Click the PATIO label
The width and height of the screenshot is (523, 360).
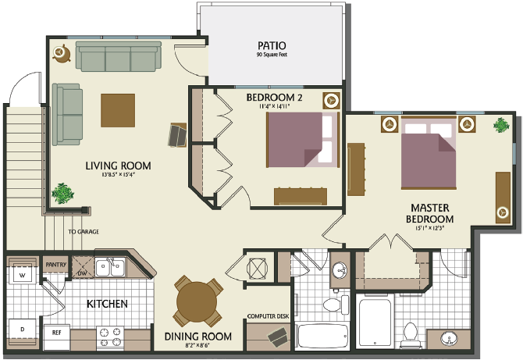(x=275, y=45)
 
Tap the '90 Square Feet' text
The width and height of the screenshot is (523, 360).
(x=275, y=55)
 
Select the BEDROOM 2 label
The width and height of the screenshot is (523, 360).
(x=274, y=98)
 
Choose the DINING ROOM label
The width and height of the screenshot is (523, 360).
(x=198, y=337)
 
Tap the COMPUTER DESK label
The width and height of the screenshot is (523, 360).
(x=268, y=316)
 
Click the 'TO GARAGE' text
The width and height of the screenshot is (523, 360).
(x=84, y=232)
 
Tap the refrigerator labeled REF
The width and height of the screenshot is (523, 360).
(x=57, y=332)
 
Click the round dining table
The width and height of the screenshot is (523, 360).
(x=198, y=301)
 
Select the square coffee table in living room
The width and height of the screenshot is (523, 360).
(x=118, y=111)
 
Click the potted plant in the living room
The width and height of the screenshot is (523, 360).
(x=62, y=192)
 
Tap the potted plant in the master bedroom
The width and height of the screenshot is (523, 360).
(x=499, y=124)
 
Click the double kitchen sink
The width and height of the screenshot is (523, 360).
(x=112, y=269)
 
